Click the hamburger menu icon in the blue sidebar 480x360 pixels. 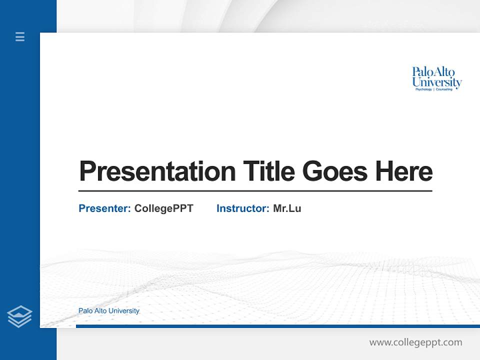(x=20, y=36)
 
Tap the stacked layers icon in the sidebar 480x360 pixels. (x=19, y=316)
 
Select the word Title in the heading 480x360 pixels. (x=268, y=171)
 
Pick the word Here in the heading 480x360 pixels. (x=404, y=171)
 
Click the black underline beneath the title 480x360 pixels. (x=255, y=191)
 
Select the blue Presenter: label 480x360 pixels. (x=104, y=208)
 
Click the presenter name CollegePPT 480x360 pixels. (x=163, y=208)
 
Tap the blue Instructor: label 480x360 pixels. (x=243, y=208)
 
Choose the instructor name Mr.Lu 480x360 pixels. (x=287, y=208)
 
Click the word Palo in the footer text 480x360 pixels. (x=85, y=311)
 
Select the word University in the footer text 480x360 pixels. (x=124, y=311)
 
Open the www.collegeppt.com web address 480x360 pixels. (x=415, y=342)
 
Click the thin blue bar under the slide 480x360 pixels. (x=277, y=326)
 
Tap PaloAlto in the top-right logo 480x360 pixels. (x=433, y=72)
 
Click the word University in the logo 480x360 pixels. (x=437, y=82)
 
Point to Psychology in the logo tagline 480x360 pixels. (x=424, y=89)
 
